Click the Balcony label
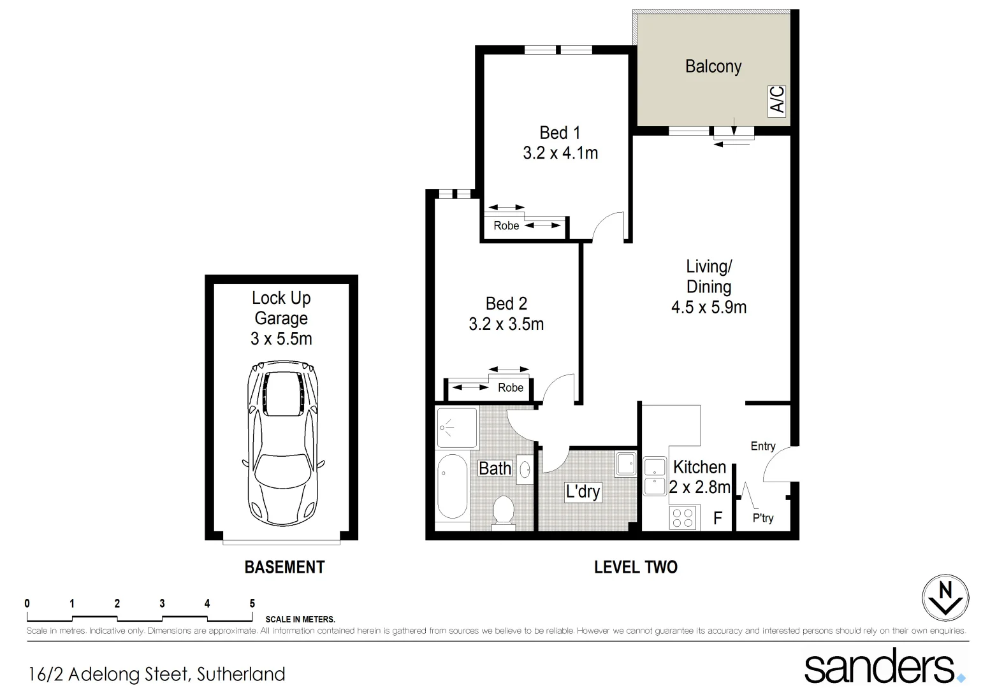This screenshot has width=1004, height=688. pyautogui.click(x=713, y=66)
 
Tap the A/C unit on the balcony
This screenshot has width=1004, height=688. pyautogui.click(x=777, y=101)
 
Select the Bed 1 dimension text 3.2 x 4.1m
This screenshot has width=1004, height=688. pyautogui.click(x=560, y=154)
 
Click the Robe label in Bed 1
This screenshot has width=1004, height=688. pyautogui.click(x=506, y=226)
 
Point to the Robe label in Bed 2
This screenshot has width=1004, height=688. pyautogui.click(x=510, y=387)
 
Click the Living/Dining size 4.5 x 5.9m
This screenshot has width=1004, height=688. pyautogui.click(x=708, y=307)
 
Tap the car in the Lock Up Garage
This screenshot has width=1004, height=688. pyautogui.click(x=282, y=443)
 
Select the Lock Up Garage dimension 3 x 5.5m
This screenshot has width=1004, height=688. pyautogui.click(x=281, y=338)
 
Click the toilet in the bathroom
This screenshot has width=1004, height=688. pyautogui.click(x=504, y=513)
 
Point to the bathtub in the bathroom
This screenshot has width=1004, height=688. pyautogui.click(x=452, y=485)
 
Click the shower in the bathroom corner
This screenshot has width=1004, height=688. pyautogui.click(x=456, y=428)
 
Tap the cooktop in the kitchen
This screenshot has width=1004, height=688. pyautogui.click(x=683, y=517)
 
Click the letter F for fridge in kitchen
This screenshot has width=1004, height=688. pyautogui.click(x=717, y=518)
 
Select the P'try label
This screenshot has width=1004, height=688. pyautogui.click(x=762, y=518)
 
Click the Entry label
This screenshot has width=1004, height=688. pyautogui.click(x=762, y=446)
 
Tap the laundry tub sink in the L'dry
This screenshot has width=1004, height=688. pyautogui.click(x=625, y=464)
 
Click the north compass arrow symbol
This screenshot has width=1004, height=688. pyautogui.click(x=945, y=598)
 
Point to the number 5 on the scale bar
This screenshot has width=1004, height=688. pyautogui.click(x=252, y=603)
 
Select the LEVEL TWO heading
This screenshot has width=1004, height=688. pyautogui.click(x=636, y=567)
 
